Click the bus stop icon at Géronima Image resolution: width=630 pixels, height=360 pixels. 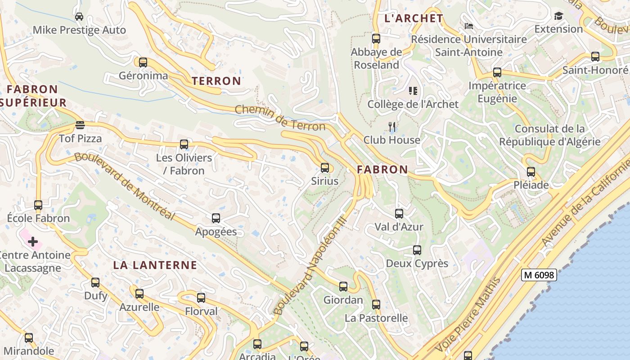click(143, 63)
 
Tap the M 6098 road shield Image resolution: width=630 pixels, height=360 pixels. click(539, 275)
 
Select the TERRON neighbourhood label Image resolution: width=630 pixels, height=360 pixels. click(216, 81)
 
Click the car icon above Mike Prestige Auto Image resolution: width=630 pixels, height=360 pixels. click(79, 17)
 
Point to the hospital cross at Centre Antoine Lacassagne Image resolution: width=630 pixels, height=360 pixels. click(33, 242)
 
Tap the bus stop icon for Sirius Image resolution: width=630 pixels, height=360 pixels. click(325, 168)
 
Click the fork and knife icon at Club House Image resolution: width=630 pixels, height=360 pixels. click(392, 127)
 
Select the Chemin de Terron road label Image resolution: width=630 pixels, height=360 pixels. click(280, 117)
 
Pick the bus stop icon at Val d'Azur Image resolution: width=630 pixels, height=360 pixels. click(399, 214)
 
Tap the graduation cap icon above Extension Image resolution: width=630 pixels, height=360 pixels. click(558, 16)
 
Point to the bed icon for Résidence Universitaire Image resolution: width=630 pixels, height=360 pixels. click(468, 26)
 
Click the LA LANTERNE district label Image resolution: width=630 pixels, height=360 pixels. click(155, 265)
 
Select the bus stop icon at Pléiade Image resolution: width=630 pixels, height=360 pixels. click(531, 172)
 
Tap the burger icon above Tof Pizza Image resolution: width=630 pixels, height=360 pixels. click(80, 125)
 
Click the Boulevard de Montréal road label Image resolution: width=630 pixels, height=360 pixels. click(124, 186)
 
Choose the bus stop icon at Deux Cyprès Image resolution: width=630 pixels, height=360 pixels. click(417, 250)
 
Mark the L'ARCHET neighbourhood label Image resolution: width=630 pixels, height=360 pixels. click(414, 18)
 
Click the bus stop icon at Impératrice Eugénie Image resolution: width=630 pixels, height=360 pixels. click(497, 72)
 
